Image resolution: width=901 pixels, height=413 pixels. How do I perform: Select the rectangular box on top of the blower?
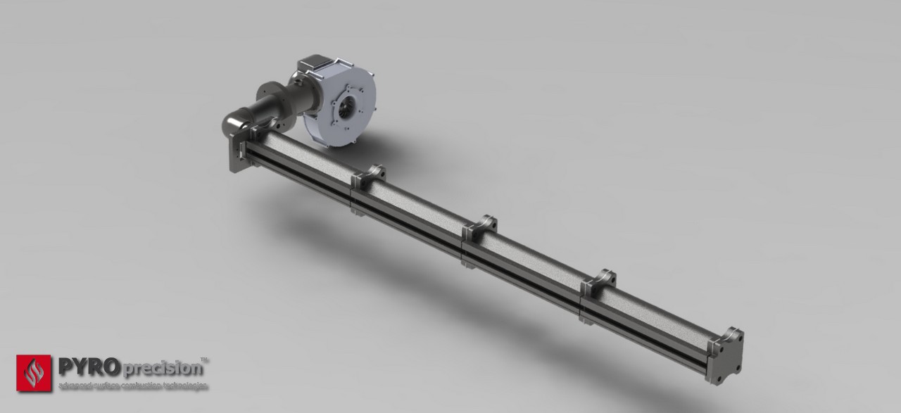click(x=313, y=65)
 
